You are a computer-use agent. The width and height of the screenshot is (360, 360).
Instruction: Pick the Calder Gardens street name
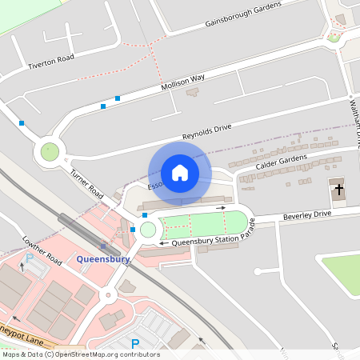[x=282, y=162]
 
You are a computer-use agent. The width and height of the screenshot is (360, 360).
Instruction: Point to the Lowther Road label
[x=42, y=250]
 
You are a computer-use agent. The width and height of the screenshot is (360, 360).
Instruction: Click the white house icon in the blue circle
[x=180, y=173]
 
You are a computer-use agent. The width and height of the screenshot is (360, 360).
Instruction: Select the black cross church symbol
[x=338, y=190]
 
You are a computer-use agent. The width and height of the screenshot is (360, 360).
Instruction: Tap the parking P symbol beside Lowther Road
[x=30, y=258]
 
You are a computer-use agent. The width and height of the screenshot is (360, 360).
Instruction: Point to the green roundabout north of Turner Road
[x=50, y=150]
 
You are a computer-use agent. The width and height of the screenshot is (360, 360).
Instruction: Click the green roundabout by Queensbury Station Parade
[x=147, y=230]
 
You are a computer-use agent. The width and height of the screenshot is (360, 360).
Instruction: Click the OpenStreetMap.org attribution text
[x=80, y=354]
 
